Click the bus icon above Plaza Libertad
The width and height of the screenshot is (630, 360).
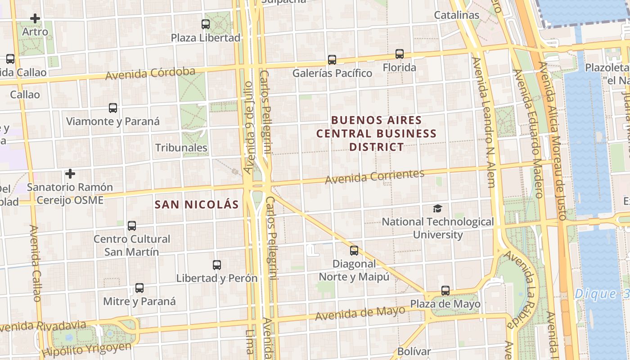[206, 24]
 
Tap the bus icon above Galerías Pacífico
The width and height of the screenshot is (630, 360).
[332, 59]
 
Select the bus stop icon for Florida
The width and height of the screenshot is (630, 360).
[399, 54]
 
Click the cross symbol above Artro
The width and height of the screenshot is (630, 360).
[35, 18]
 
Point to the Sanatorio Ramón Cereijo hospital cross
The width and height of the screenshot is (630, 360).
[70, 174]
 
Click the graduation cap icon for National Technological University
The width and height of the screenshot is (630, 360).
[437, 208]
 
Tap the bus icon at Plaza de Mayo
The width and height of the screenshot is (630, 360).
[445, 291]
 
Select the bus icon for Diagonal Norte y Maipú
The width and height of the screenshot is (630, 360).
[354, 251]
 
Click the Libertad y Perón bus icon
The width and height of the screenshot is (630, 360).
[217, 265]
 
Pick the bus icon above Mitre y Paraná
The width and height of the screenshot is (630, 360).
[139, 288]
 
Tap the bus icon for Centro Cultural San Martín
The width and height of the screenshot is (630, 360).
[131, 226]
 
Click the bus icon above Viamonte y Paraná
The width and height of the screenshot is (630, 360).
[113, 108]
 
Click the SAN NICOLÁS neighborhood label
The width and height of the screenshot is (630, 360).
[197, 204]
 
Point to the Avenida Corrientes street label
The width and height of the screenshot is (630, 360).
[374, 176]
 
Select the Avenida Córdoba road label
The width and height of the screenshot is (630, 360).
[150, 73]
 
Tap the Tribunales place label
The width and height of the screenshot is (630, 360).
[181, 148]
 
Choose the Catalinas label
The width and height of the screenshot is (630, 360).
[456, 15]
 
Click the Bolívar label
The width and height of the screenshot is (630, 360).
[414, 351]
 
